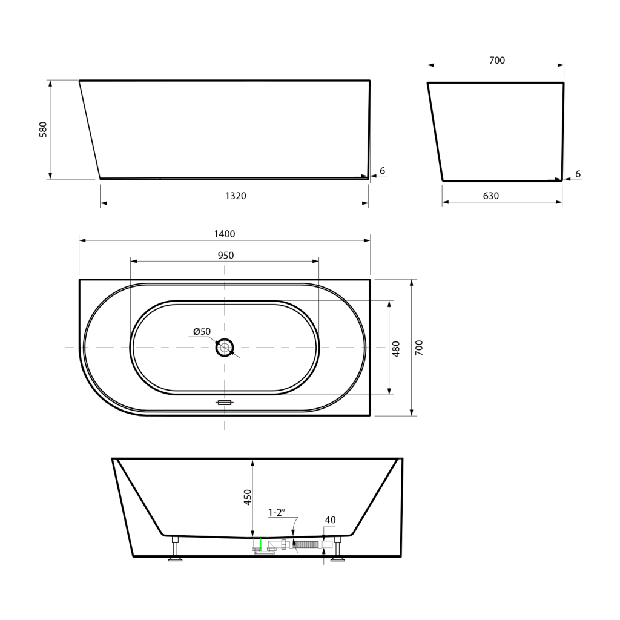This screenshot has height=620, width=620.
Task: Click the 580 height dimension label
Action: pyautogui.click(x=43, y=130)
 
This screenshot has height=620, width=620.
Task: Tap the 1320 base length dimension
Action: pyautogui.click(x=236, y=196)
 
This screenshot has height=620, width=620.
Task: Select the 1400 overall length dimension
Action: pyautogui.click(x=225, y=234)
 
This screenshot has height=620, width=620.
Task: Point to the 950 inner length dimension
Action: pyautogui.click(x=226, y=256)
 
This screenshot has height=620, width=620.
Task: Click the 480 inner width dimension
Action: pyautogui.click(x=396, y=349)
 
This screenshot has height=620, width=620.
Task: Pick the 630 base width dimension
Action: pyautogui.click(x=491, y=196)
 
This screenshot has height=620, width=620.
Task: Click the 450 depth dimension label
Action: pyautogui.click(x=248, y=497)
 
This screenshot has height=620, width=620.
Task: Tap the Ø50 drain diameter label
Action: pyautogui.click(x=202, y=331)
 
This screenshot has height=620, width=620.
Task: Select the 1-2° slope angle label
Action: pyautogui.click(x=277, y=512)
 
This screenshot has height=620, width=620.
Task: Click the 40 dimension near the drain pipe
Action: pyautogui.click(x=330, y=520)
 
